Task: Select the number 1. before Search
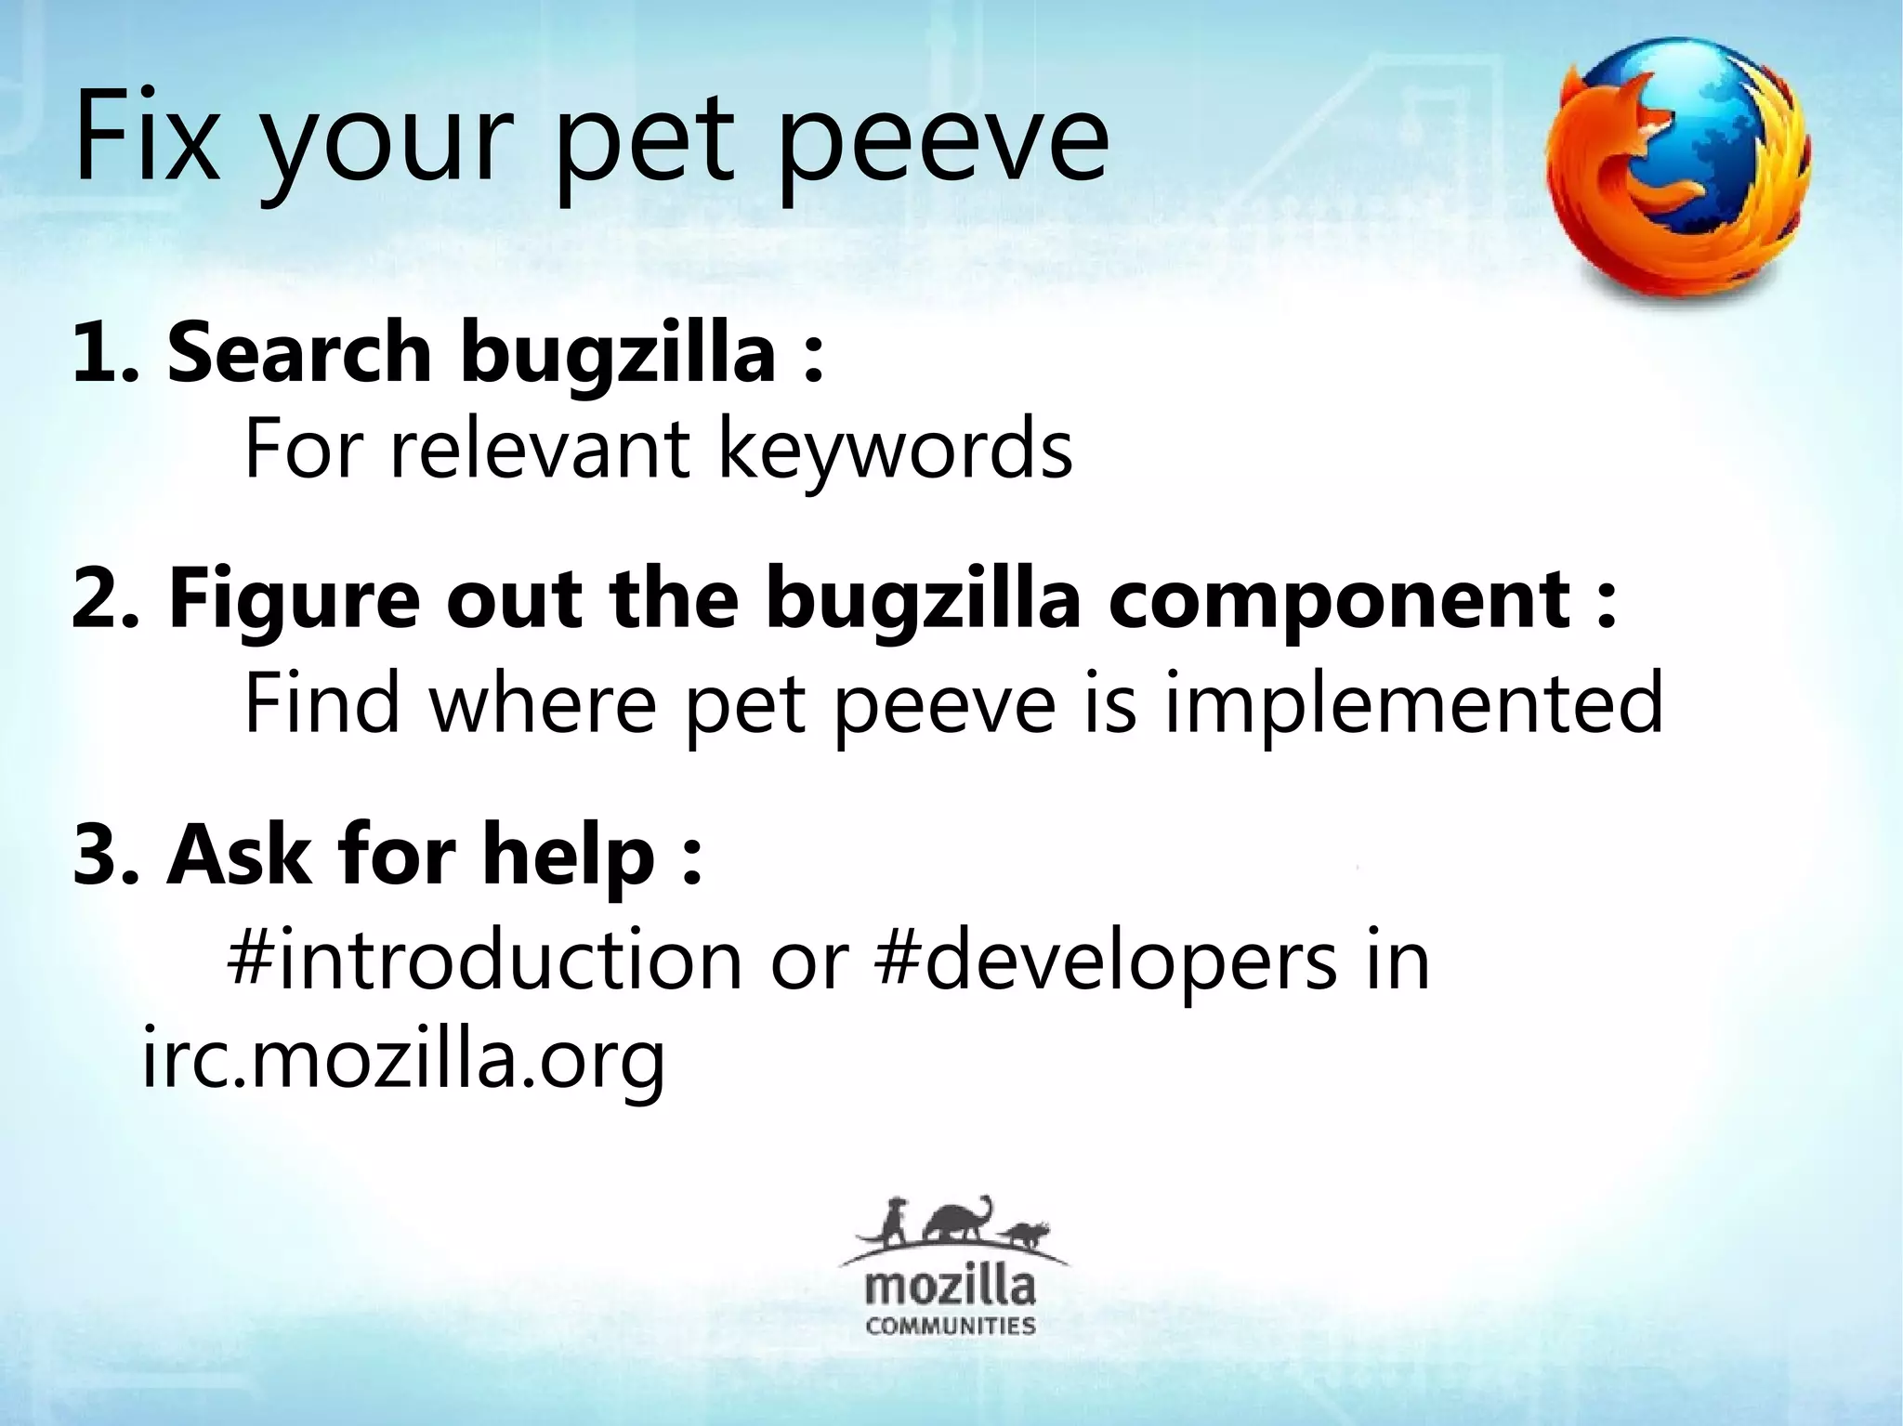105,354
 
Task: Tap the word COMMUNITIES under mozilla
950,1324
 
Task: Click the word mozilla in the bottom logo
950,1288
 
